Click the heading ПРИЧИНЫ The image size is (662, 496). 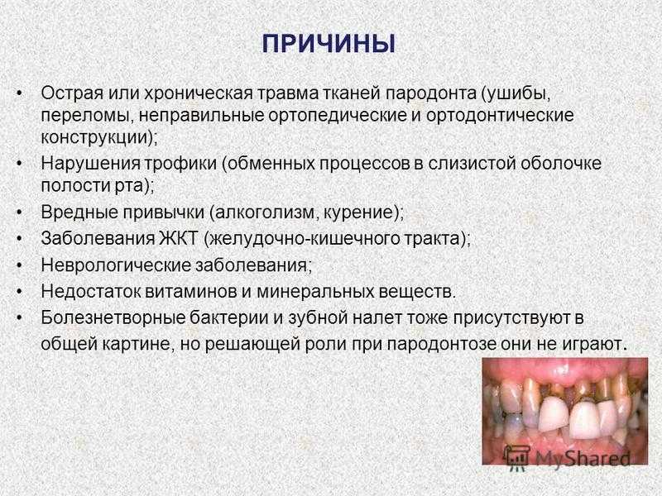(329, 44)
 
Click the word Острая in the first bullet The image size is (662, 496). (72, 93)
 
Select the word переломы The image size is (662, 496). (88, 116)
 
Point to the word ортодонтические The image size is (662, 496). (500, 116)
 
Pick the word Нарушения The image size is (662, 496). (90, 164)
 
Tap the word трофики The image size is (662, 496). (180, 164)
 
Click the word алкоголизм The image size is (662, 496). (265, 212)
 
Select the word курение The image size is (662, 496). (358, 212)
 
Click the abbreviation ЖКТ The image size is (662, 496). (178, 238)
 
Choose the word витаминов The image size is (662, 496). (190, 292)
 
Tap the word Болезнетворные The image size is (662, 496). (113, 317)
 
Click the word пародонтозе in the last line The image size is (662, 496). (441, 344)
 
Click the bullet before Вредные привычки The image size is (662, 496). (18, 212)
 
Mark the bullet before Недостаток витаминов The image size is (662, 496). (18, 292)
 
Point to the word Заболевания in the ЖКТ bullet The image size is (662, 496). (98, 238)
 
